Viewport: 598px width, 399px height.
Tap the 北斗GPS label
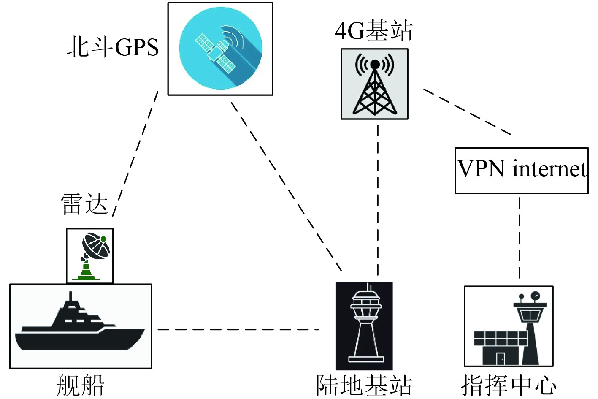click(113, 47)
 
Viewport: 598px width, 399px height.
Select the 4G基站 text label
click(373, 30)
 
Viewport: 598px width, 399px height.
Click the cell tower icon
click(375, 84)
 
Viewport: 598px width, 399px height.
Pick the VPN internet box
click(522, 171)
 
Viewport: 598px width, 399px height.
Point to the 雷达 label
click(84, 205)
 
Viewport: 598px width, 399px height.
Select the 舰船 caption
click(80, 385)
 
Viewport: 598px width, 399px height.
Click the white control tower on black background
click(364, 326)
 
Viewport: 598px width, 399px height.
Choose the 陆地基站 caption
click(364, 385)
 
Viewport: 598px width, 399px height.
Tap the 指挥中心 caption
click(509, 385)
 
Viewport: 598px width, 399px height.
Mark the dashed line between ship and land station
click(238, 329)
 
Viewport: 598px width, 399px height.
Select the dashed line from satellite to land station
click(286, 186)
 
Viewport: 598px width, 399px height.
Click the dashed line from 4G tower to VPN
click(467, 112)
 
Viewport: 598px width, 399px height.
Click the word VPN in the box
click(482, 169)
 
